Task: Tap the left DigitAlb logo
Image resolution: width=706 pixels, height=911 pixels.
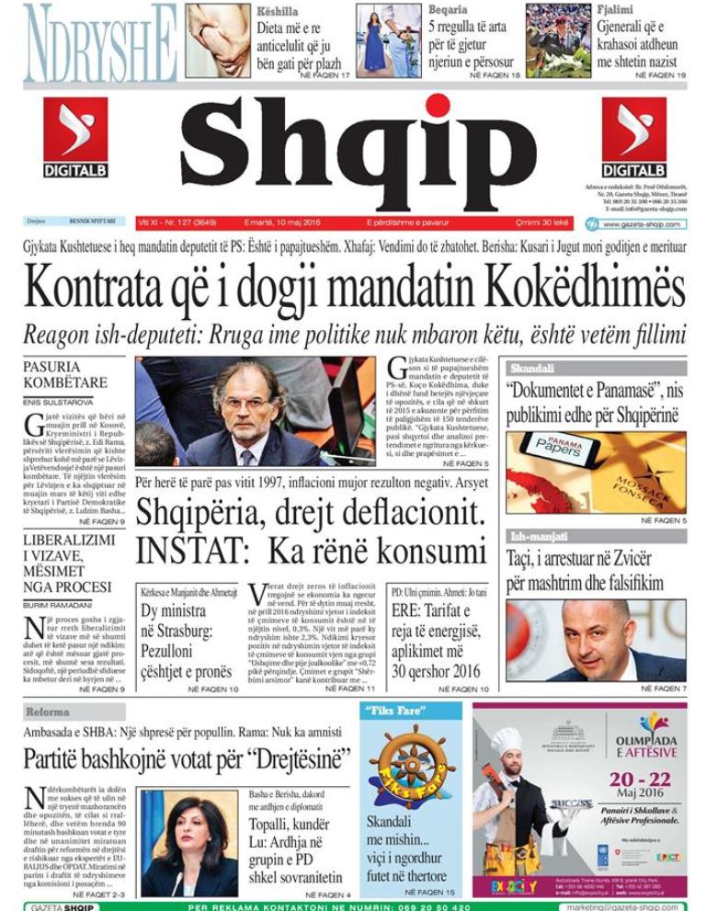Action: [75, 138]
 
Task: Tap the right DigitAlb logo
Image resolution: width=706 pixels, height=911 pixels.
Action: [634, 138]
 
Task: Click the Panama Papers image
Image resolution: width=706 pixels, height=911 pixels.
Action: [596, 472]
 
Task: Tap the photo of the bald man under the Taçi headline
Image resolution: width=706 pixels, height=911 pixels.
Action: [596, 640]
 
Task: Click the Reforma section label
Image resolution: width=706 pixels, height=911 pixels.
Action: [48, 712]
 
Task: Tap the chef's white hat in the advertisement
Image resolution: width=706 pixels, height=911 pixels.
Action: [506, 741]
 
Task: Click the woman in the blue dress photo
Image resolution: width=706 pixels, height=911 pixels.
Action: [379, 41]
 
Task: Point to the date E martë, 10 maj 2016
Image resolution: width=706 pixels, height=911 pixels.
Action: [288, 223]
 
